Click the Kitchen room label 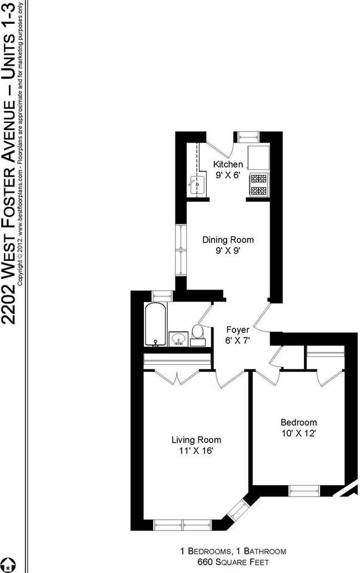(x=228, y=165)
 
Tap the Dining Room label (x=227, y=240)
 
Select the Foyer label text (x=237, y=329)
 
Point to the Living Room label (x=192, y=440)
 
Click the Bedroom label (x=299, y=423)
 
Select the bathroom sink (x=178, y=340)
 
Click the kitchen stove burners (x=258, y=184)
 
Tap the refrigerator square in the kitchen (x=259, y=156)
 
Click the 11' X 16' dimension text (x=192, y=451)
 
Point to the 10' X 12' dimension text (x=299, y=433)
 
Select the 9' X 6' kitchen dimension (x=228, y=175)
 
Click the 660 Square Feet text (x=233, y=562)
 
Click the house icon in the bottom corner (x=7, y=563)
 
